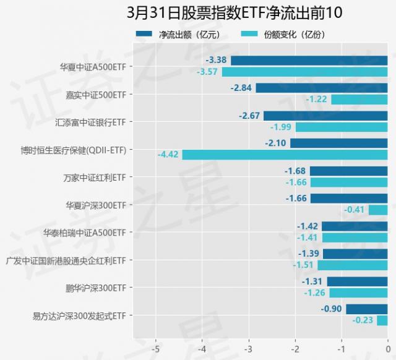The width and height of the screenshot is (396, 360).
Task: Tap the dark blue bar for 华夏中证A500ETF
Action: click(x=309, y=61)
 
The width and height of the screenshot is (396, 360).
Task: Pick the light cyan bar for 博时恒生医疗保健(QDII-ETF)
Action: click(x=285, y=155)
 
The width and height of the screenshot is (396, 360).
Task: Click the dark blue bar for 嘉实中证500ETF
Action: click(x=321, y=88)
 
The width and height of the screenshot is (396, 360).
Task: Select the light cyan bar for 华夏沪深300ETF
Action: click(x=377, y=210)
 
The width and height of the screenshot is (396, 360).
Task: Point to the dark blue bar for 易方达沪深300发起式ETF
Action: click(x=366, y=309)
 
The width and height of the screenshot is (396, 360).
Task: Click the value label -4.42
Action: click(x=168, y=155)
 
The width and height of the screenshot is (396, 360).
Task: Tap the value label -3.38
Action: click(x=216, y=61)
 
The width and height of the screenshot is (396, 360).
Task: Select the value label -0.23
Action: click(x=363, y=320)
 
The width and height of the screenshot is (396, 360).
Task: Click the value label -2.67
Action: click(x=249, y=116)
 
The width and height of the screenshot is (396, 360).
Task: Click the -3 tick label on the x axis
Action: click(x=248, y=347)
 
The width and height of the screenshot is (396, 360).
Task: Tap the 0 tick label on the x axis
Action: click(x=387, y=347)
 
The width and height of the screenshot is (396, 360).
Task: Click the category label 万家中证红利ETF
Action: click(x=94, y=177)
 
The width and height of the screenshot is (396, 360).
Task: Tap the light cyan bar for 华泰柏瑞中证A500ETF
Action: click(x=354, y=238)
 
